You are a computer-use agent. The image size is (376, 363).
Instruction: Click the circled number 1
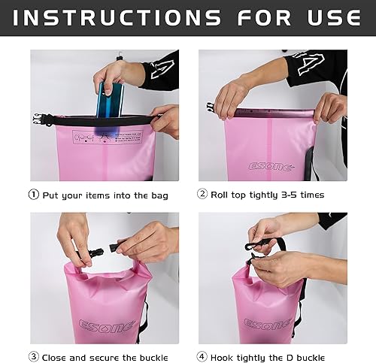[x=34, y=195]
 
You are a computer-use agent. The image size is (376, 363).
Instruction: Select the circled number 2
[x=202, y=195]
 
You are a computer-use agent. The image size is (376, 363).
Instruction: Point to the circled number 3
[x=34, y=357]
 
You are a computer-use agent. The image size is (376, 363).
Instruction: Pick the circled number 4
[x=202, y=357]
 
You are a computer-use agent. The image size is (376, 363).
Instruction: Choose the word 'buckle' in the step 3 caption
[x=150, y=357]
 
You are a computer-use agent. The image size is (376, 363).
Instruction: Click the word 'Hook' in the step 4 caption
[x=226, y=357]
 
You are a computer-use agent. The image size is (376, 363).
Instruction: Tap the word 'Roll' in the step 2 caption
[x=223, y=195]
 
